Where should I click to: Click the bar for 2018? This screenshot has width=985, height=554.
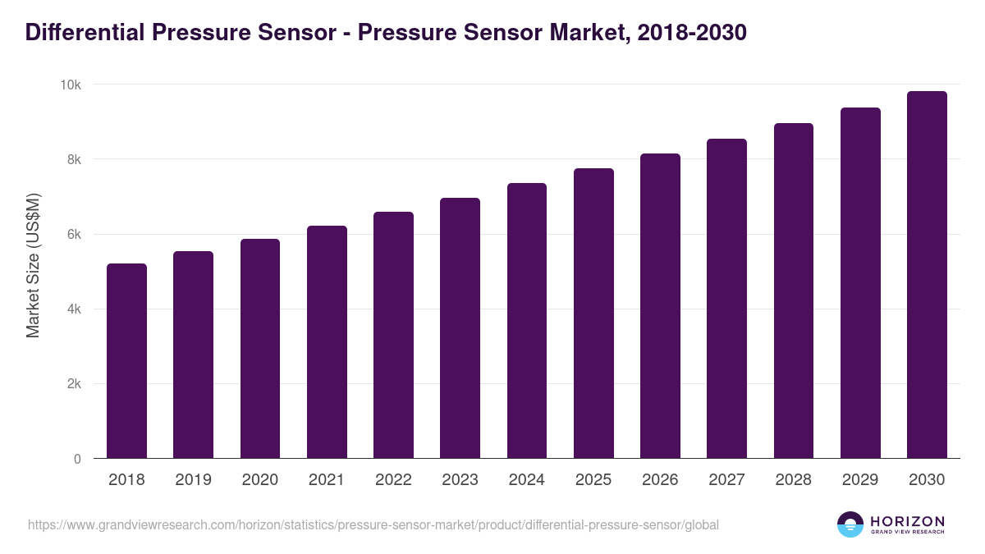click(x=126, y=361)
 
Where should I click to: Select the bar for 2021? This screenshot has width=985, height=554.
click(x=327, y=342)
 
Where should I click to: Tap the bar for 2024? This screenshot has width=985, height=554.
click(x=527, y=321)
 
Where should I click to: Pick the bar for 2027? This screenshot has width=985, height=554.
click(x=726, y=299)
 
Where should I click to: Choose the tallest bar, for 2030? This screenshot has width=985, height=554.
click(x=927, y=275)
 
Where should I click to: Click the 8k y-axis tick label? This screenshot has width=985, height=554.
click(x=74, y=159)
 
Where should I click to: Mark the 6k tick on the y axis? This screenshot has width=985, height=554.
click(x=74, y=235)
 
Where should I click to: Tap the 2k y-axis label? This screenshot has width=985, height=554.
click(x=74, y=384)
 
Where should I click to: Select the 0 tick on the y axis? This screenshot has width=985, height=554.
click(x=77, y=459)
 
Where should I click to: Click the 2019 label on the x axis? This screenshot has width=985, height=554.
click(x=193, y=480)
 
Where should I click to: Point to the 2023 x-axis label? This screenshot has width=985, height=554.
click(x=460, y=480)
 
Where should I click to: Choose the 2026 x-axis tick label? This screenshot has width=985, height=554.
click(x=660, y=480)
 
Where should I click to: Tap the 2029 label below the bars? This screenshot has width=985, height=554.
click(x=860, y=480)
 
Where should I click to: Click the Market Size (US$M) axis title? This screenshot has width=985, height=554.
click(x=33, y=264)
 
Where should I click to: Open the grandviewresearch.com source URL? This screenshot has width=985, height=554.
click(x=373, y=524)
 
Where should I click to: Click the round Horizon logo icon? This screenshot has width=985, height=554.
click(x=850, y=524)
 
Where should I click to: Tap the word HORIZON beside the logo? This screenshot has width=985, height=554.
click(x=907, y=520)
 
